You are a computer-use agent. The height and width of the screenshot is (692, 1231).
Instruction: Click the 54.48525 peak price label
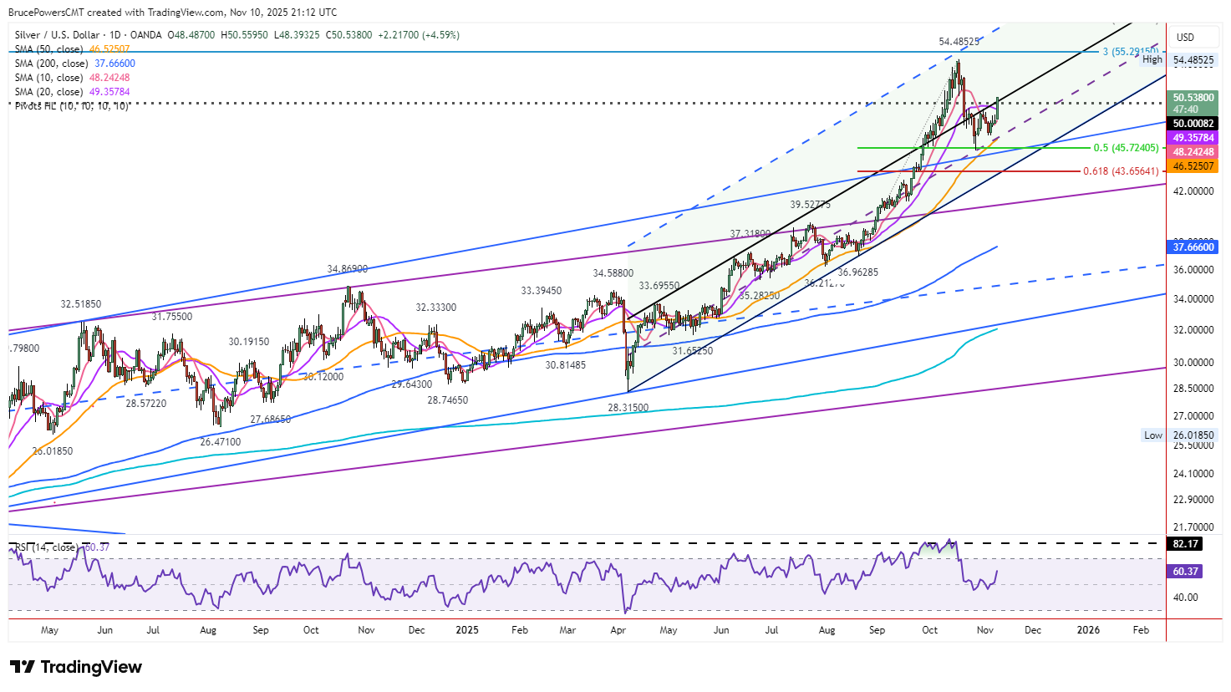[x=959, y=42]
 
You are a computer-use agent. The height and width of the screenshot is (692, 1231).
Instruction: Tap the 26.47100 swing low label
[x=221, y=442]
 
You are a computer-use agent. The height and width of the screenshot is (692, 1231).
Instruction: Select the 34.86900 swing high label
[x=347, y=269]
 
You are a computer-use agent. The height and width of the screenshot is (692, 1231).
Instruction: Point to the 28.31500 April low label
[x=628, y=408]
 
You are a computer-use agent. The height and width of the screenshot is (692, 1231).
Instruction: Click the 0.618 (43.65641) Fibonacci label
[x=1121, y=171]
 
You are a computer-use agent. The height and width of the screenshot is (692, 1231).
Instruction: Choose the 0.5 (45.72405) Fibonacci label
[x=1126, y=148]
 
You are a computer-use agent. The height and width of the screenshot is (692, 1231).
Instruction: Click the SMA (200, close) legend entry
[x=74, y=64]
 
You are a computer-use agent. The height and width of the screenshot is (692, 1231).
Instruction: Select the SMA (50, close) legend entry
[x=72, y=49]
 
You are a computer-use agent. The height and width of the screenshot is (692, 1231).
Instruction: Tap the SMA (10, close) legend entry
[x=72, y=78]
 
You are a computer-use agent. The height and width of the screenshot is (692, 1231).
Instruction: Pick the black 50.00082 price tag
[x=1193, y=124]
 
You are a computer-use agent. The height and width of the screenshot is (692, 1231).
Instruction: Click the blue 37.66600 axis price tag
[x=1193, y=247]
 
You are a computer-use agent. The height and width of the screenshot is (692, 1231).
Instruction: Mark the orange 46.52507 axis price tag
[x=1193, y=166]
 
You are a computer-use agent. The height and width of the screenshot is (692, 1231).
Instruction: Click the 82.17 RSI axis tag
[x=1186, y=544]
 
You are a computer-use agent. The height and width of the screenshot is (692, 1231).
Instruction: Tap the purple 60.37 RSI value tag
[x=1186, y=572]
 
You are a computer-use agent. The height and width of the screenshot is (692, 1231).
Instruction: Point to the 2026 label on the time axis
[x=1088, y=630]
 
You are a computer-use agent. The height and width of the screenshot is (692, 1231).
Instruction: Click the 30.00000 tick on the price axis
[x=1193, y=363]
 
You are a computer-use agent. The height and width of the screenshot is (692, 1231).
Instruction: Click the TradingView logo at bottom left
[x=76, y=667]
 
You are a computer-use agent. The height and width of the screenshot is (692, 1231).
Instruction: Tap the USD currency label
[x=1185, y=38]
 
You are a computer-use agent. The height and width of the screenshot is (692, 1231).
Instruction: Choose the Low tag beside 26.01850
[x=1153, y=435]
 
